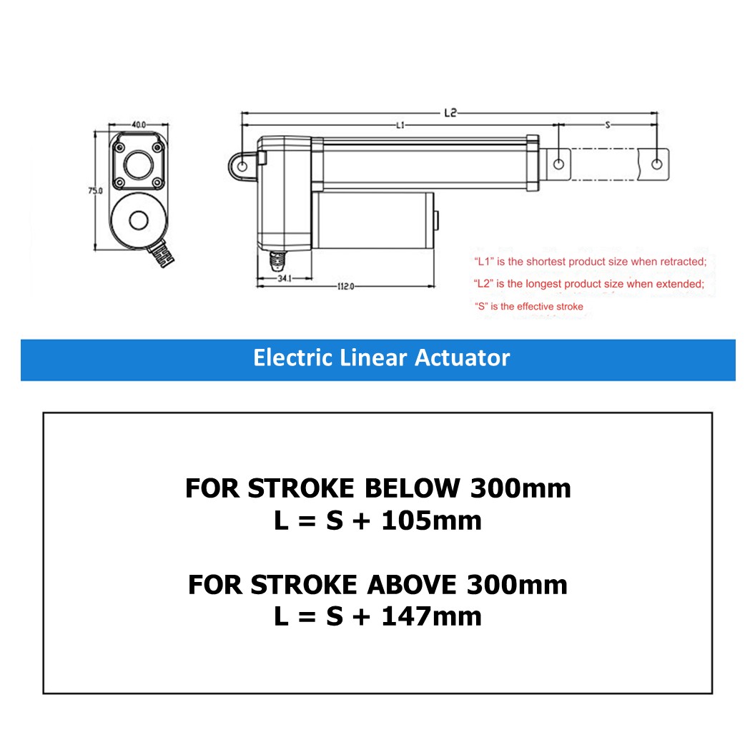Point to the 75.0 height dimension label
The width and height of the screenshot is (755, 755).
[x=96, y=191]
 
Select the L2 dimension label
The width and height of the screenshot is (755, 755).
[x=450, y=112]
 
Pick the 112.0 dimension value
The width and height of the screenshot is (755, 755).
[x=346, y=286]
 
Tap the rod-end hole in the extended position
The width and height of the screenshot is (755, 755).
[x=657, y=164]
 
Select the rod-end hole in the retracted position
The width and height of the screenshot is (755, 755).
[x=559, y=164]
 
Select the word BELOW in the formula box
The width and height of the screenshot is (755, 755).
[x=413, y=488]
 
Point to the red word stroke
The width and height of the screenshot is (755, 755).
[x=570, y=307]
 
